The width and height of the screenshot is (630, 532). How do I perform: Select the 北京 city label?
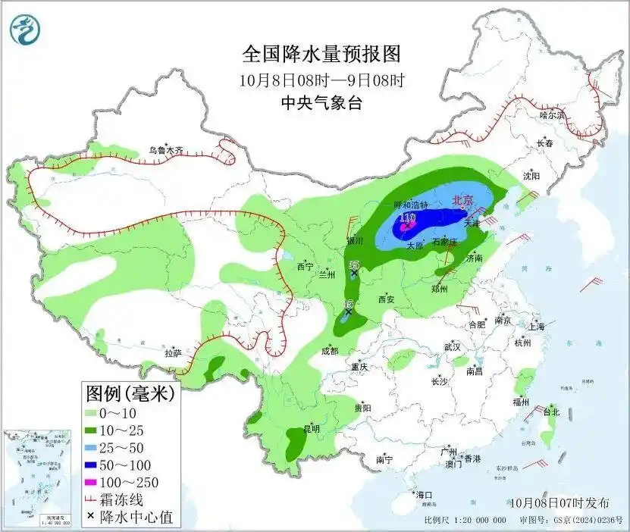pyautogui.click(x=462, y=201)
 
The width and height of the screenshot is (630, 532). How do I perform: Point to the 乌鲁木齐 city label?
pyautogui.click(x=165, y=151)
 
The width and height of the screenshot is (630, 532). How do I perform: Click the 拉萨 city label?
pyautogui.click(x=174, y=352)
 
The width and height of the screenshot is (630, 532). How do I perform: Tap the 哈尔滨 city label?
pyautogui.click(x=552, y=115)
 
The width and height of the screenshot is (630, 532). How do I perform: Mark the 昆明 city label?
pyautogui.click(x=312, y=429)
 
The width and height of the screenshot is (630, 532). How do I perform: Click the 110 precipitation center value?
pyautogui.click(x=407, y=218)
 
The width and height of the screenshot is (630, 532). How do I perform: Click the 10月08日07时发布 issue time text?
pyautogui.click(x=559, y=502)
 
